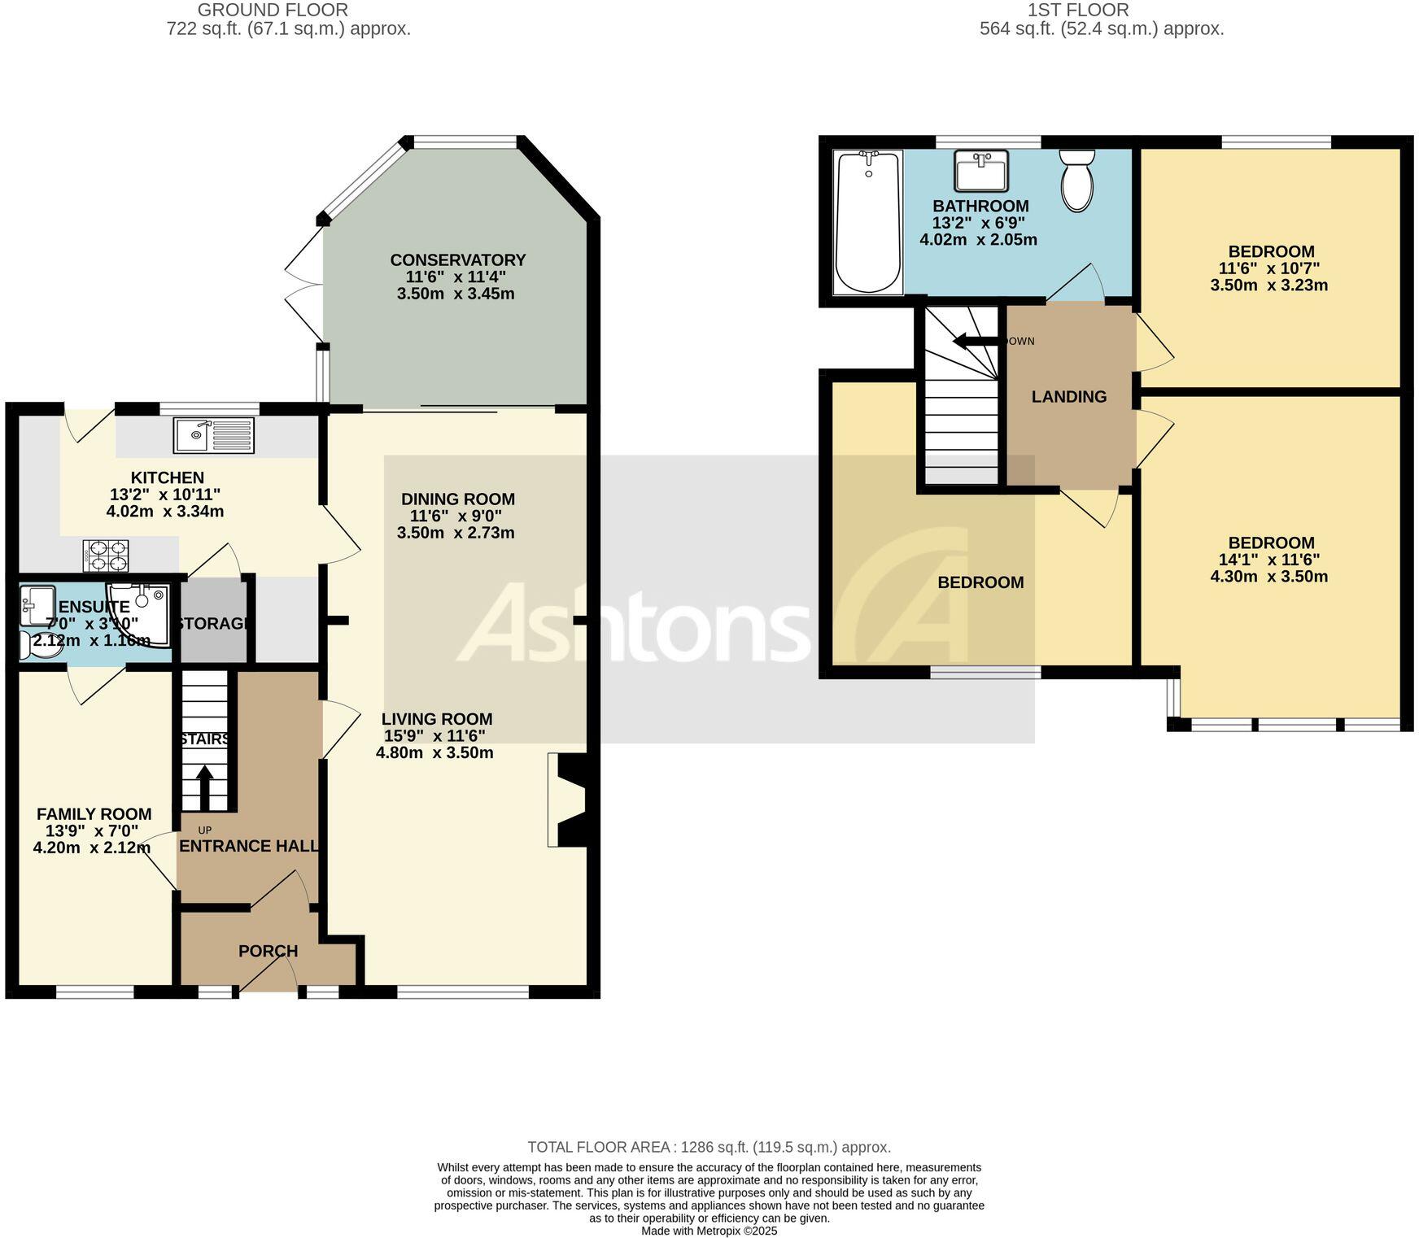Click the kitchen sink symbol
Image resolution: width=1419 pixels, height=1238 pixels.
[213, 435]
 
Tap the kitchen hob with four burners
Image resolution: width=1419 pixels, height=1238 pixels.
[106, 556]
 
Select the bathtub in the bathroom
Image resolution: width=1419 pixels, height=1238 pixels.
[868, 221]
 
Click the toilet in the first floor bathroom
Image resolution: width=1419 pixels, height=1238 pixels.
[1077, 181]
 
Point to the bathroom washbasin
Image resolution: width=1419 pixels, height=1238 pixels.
[981, 170]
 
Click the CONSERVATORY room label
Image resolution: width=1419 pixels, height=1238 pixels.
[457, 260]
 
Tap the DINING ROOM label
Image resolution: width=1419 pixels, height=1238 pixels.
[457, 499]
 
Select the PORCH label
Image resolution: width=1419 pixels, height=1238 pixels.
[268, 951]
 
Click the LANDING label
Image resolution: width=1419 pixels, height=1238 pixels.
[1068, 397]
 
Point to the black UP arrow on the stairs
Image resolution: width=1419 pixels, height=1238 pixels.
[204, 787]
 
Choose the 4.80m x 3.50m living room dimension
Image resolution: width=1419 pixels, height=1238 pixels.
[434, 752]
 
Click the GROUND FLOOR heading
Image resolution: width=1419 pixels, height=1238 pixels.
[273, 11]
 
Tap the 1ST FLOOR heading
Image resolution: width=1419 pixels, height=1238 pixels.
[1077, 11]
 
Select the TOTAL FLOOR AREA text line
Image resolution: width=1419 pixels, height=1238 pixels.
[709, 1147]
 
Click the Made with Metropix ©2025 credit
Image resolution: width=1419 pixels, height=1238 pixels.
[709, 1231]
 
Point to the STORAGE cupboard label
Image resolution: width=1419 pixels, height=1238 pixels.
[212, 624]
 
